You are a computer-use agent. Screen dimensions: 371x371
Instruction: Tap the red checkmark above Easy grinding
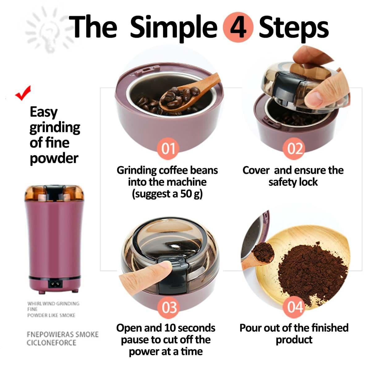point(23,93)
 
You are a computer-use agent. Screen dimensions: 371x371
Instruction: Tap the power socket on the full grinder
point(55,284)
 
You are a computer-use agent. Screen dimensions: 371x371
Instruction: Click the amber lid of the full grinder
point(54,193)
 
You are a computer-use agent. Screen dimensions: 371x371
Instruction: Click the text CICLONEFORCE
point(51,343)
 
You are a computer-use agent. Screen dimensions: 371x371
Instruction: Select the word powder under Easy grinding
point(54,158)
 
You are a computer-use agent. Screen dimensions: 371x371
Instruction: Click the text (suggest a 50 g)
point(167,194)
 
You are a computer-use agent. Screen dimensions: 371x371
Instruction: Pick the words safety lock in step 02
point(293,182)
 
